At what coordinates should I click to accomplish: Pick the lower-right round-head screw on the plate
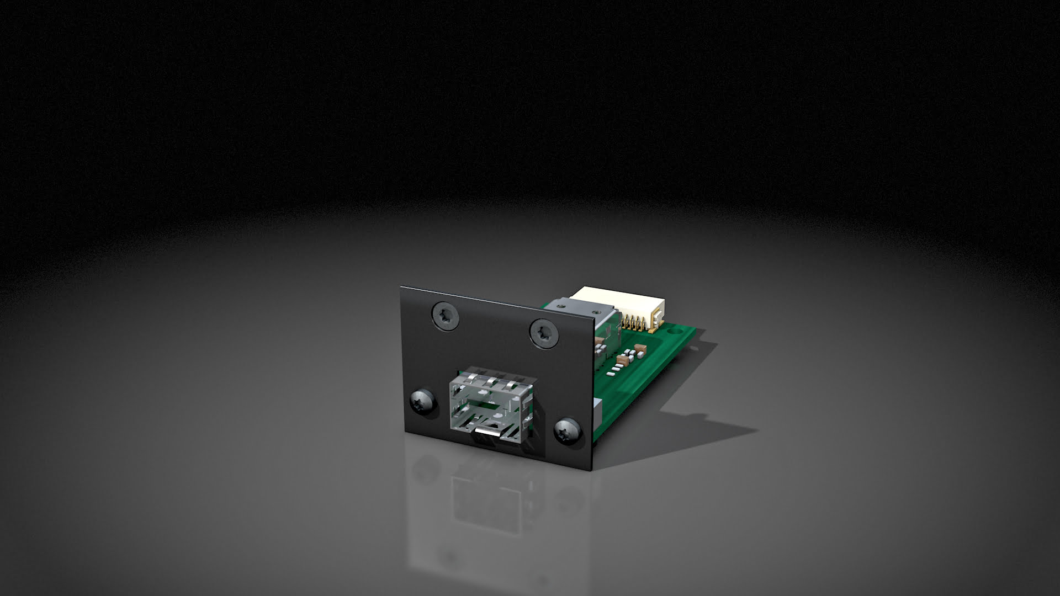tap(568, 429)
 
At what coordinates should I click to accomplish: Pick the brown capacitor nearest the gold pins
tap(640, 348)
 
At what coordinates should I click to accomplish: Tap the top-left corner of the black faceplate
tap(401, 287)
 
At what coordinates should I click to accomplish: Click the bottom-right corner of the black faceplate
tap(593, 470)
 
